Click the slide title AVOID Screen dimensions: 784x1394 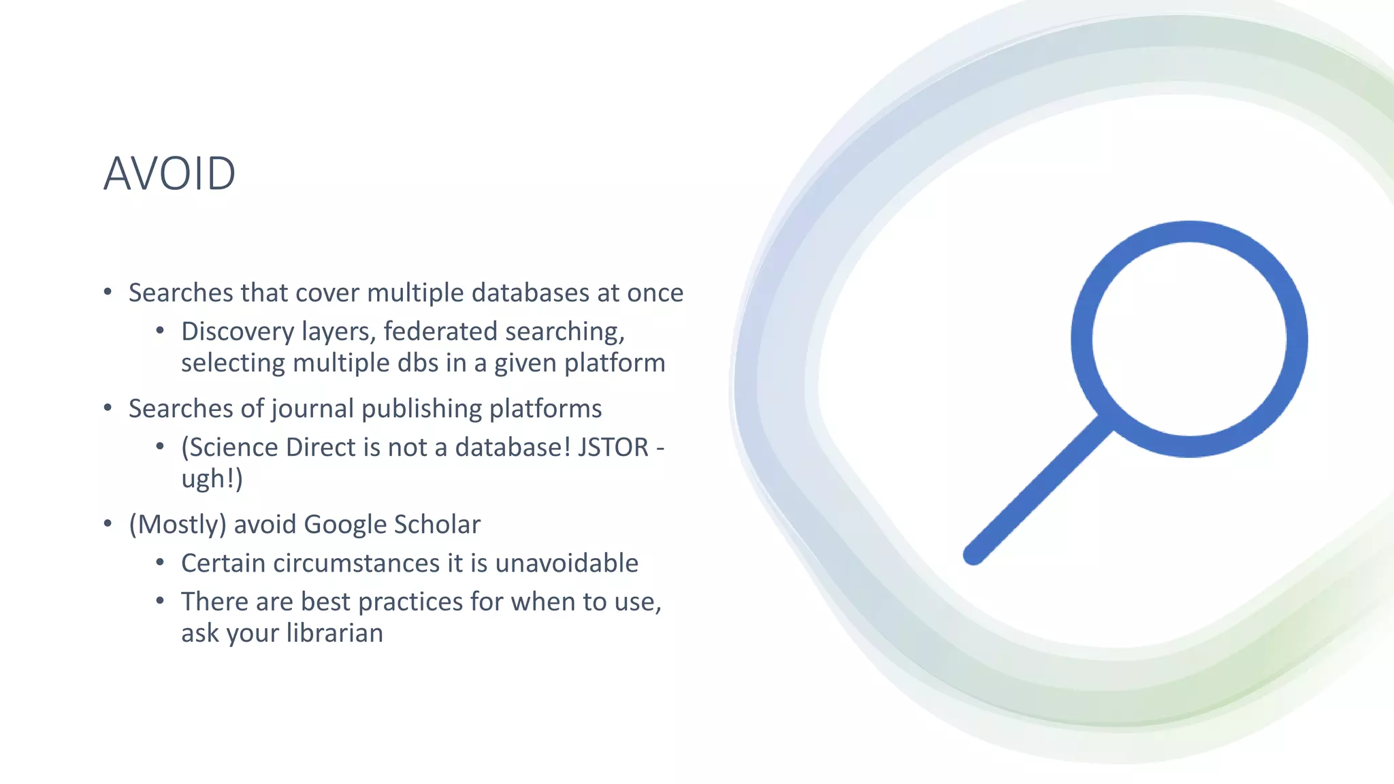[x=169, y=174]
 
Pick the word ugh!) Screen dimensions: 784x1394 [x=212, y=478]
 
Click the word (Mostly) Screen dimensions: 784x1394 [x=177, y=525]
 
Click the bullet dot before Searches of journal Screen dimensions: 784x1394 [x=108, y=408]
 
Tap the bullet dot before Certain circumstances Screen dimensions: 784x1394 [x=160, y=563]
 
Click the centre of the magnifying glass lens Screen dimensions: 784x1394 [x=1189, y=339]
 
